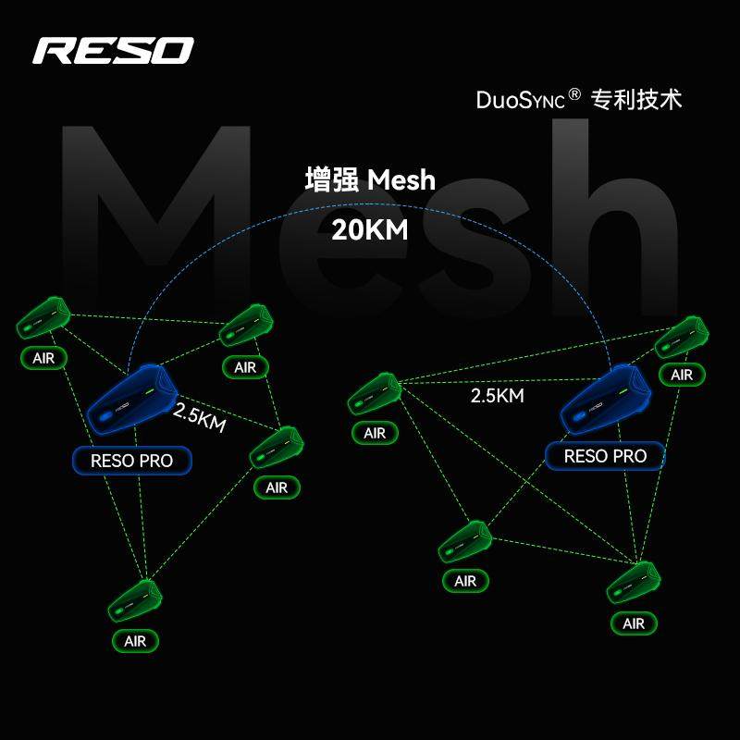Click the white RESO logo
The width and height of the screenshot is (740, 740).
tap(113, 51)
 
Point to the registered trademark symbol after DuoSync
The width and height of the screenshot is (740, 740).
tap(574, 94)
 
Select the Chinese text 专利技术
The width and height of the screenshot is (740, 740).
tap(636, 99)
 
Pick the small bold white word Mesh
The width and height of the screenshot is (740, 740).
tap(401, 179)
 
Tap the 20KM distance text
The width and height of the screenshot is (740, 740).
tap(369, 229)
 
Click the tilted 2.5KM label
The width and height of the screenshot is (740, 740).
tap(199, 418)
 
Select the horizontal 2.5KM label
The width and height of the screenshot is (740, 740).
tap(498, 396)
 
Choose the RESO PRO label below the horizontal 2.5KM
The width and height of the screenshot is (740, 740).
tap(605, 456)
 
